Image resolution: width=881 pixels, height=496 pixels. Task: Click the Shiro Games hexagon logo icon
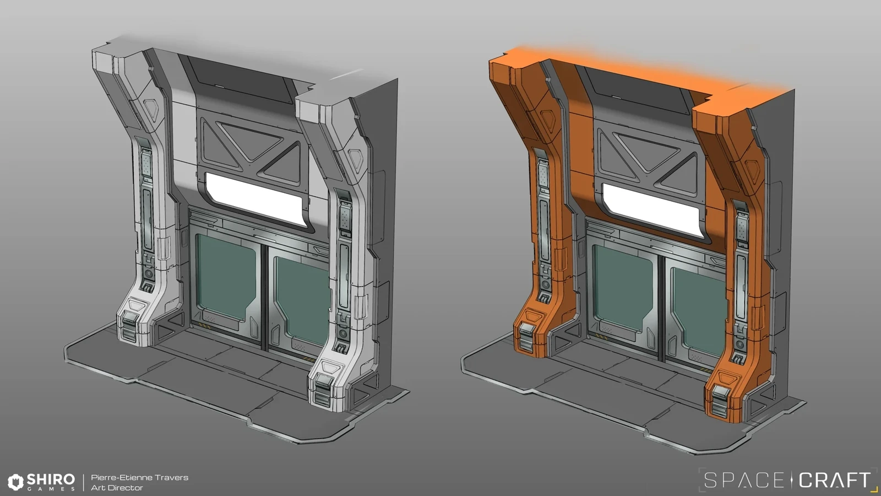(x=16, y=482)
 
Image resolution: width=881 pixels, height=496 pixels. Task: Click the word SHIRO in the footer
(x=51, y=479)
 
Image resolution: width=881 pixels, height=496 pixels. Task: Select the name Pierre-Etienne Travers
(x=140, y=477)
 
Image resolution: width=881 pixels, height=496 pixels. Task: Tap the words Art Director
(x=117, y=488)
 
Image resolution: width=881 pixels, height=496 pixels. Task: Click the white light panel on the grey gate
(x=254, y=200)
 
